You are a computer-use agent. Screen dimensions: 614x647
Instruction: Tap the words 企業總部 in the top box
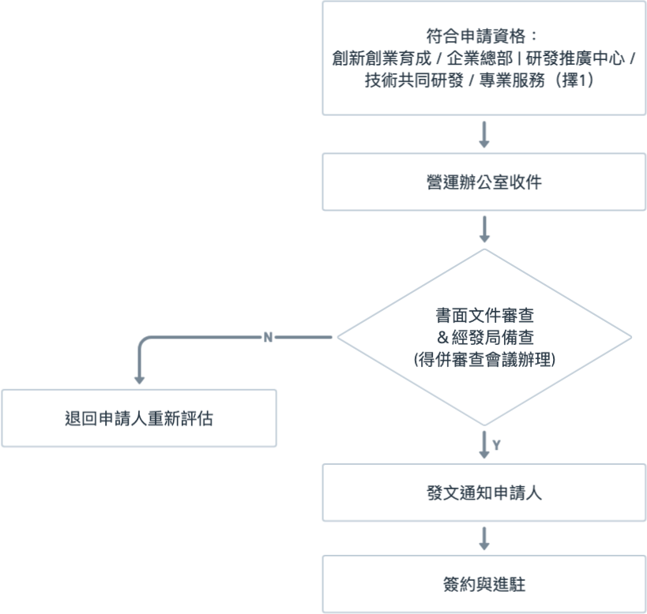pyautogui.click(x=473, y=59)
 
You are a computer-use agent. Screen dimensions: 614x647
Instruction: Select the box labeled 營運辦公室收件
pyautogui.click(x=484, y=182)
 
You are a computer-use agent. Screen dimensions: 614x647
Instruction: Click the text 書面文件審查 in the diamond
pyautogui.click(x=484, y=317)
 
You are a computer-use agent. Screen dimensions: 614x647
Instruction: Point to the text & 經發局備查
pyautogui.click(x=484, y=339)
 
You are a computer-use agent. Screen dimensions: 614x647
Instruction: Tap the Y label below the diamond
pyautogui.click(x=496, y=446)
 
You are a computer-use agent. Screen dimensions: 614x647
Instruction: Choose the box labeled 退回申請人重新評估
pyautogui.click(x=139, y=418)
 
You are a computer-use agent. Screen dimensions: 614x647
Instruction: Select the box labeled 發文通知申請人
pyautogui.click(x=484, y=493)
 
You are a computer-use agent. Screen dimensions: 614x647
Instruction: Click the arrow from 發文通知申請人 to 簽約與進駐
pyautogui.click(x=484, y=539)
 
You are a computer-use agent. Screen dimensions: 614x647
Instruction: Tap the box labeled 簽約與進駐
pyautogui.click(x=484, y=585)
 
